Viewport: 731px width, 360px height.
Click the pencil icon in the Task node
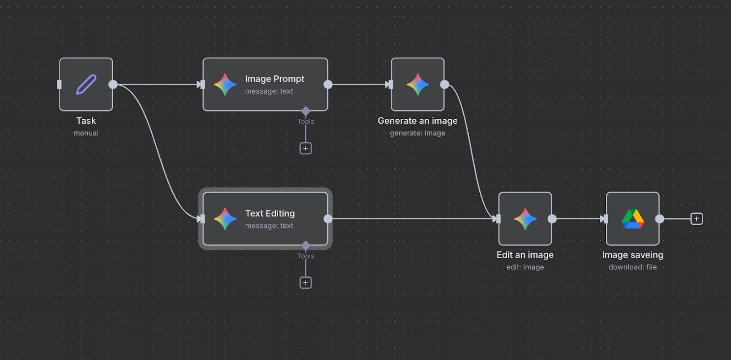click(86, 85)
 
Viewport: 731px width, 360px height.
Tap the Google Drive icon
click(632, 219)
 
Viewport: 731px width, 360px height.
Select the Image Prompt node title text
click(274, 79)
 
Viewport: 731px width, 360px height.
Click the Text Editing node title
click(270, 213)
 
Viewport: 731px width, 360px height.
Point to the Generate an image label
click(417, 121)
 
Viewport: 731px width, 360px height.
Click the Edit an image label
click(525, 255)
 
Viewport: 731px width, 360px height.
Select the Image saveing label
click(632, 255)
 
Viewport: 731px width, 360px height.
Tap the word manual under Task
click(86, 133)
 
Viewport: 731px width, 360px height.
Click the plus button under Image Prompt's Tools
click(306, 148)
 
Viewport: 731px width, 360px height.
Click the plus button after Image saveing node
click(696, 219)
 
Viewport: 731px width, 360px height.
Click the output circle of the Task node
click(113, 85)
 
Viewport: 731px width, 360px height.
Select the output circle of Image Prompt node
click(328, 85)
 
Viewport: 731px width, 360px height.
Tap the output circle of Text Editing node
click(328, 219)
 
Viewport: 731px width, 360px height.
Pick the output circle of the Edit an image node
click(552, 219)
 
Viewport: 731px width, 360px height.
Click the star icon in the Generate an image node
click(417, 85)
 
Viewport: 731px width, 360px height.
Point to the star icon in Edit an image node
click(525, 219)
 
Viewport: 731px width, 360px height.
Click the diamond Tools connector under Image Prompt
click(306, 111)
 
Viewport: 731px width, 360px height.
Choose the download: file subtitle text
click(632, 267)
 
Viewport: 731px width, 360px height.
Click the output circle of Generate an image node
click(444, 85)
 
